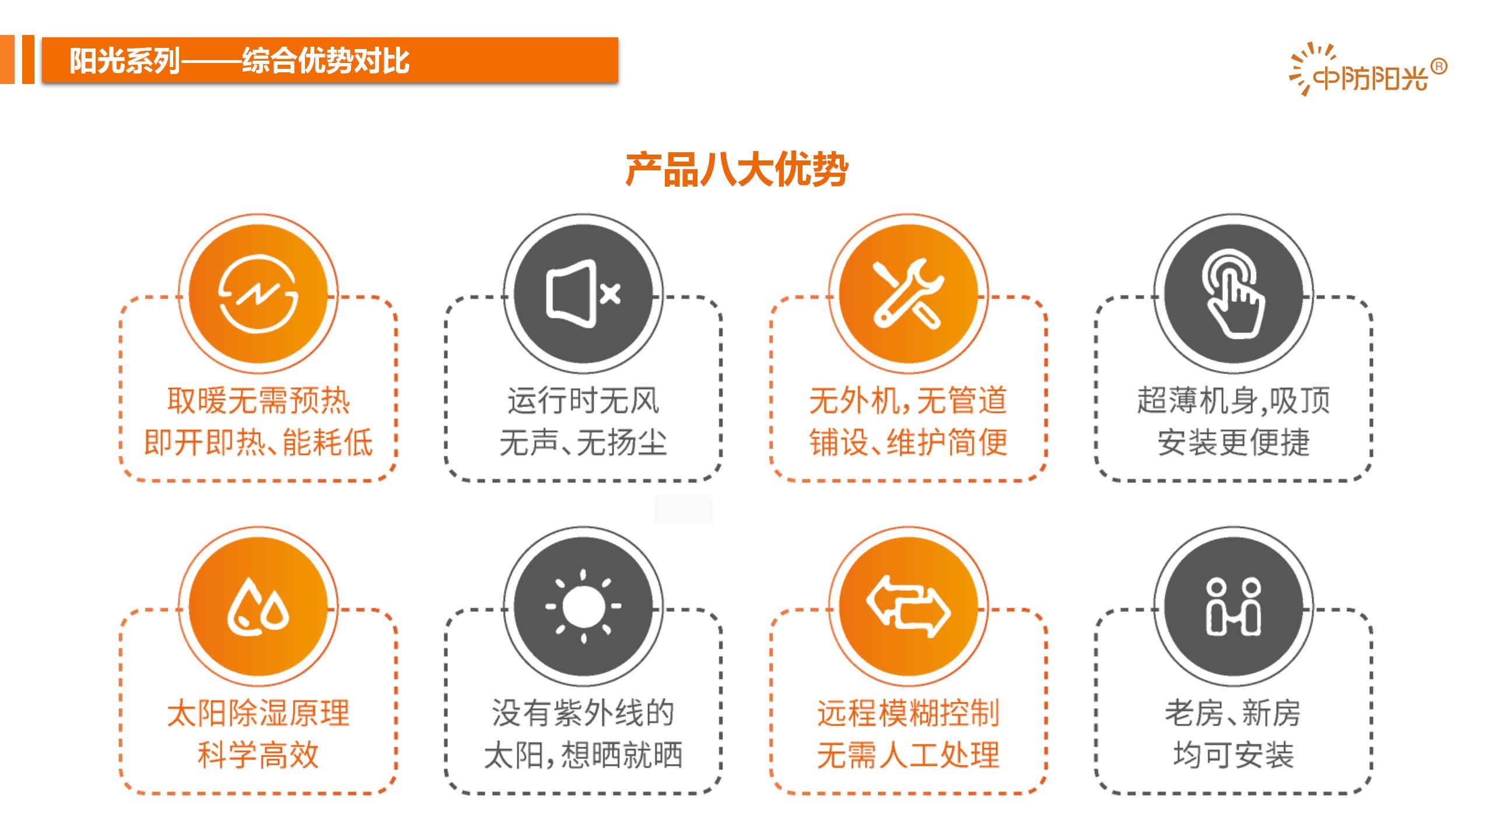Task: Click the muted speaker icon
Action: [583, 292]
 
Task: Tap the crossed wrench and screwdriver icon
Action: [907, 293]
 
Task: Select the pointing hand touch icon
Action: [1233, 293]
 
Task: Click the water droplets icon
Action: [258, 606]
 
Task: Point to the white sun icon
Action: [583, 606]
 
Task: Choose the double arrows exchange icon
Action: [908, 607]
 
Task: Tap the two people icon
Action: [1233, 606]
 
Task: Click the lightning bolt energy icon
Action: [258, 293]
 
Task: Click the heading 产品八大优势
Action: [737, 170]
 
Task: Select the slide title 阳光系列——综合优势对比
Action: [239, 61]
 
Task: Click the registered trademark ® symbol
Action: [1439, 67]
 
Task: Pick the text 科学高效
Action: [258, 755]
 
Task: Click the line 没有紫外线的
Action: [583, 713]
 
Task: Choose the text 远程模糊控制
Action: [908, 713]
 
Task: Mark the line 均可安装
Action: [1233, 755]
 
